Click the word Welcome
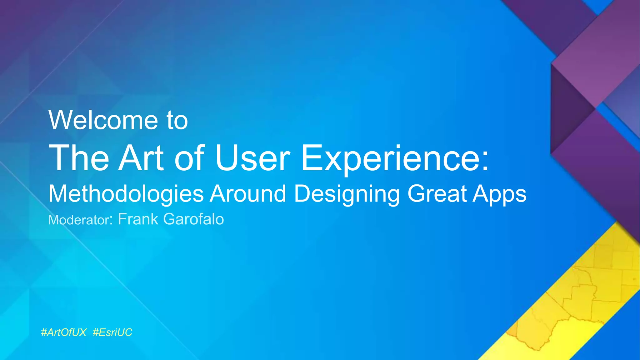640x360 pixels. click(x=103, y=120)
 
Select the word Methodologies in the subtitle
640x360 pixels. click(x=126, y=194)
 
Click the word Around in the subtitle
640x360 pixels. click(x=248, y=194)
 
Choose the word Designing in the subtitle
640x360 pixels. click(x=347, y=194)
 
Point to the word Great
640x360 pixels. click(x=437, y=194)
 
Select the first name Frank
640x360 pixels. click(x=138, y=219)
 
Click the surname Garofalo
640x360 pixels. click(x=193, y=219)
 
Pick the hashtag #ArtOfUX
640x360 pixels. click(x=64, y=332)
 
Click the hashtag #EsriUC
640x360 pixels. click(x=112, y=332)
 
